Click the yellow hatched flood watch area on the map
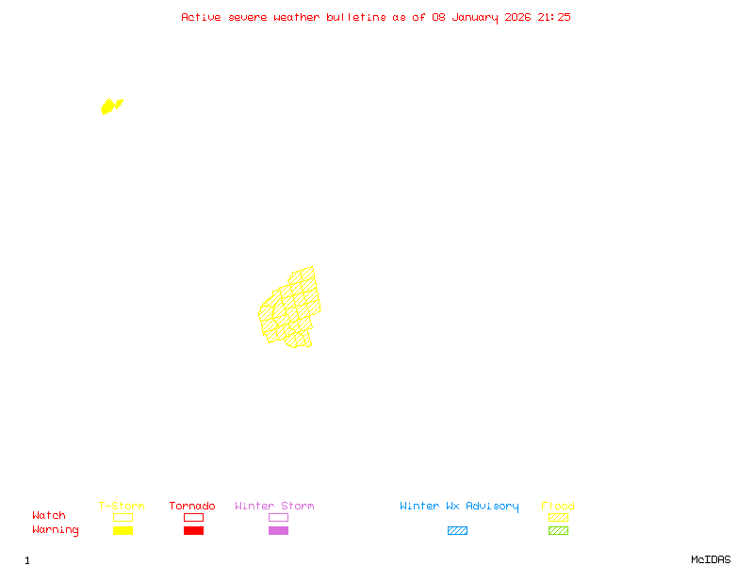290,308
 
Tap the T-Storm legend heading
122,507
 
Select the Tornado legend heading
192,507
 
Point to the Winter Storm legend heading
274,507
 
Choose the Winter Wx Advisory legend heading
459,507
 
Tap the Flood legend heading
558,507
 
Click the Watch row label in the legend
49,516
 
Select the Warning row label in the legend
56,530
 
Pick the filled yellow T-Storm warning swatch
123,531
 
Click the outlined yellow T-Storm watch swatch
123,517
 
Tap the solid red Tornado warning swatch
193,531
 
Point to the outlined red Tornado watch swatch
193,517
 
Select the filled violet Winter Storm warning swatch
278,531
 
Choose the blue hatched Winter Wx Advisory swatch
457,531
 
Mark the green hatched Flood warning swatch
558,531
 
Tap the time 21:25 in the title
554,17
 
